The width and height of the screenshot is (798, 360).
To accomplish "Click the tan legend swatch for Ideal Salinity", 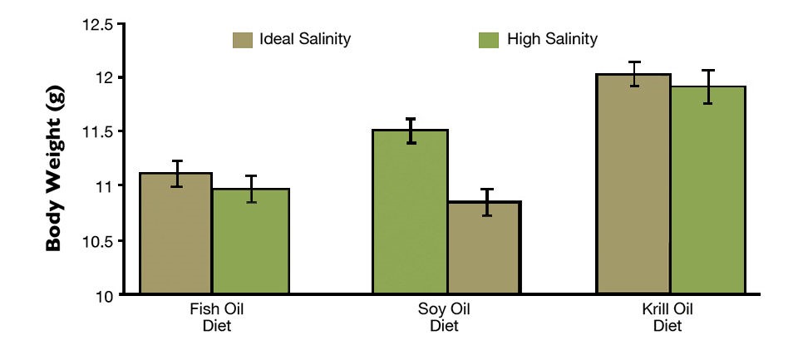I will point(242,39).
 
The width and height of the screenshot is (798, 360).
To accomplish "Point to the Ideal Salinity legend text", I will point(304,39).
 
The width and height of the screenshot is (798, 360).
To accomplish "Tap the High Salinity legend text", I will point(552,39).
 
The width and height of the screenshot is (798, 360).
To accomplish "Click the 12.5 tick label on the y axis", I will point(97,24).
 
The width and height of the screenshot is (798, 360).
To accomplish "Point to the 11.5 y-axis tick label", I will point(97,131).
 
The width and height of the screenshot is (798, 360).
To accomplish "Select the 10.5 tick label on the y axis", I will point(97,241).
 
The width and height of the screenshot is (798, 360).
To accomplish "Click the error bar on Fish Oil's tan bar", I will point(175,173).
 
